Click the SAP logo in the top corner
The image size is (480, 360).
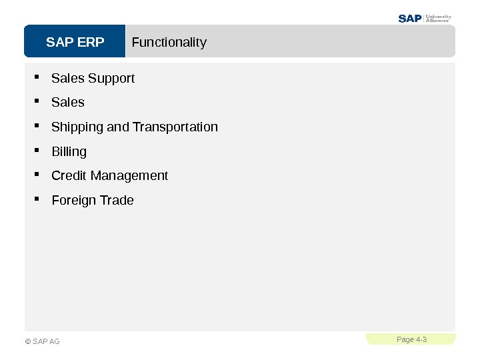click(x=410, y=19)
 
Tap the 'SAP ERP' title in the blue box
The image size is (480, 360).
click(x=75, y=43)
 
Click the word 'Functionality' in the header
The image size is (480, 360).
click(x=169, y=43)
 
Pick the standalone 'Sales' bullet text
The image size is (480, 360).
click(x=68, y=103)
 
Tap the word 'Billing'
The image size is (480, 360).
click(x=69, y=152)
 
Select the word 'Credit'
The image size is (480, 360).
click(x=69, y=176)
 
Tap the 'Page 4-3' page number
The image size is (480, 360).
click(x=411, y=339)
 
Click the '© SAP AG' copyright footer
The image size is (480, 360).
click(x=42, y=341)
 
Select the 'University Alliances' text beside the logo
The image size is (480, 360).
click(x=438, y=19)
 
